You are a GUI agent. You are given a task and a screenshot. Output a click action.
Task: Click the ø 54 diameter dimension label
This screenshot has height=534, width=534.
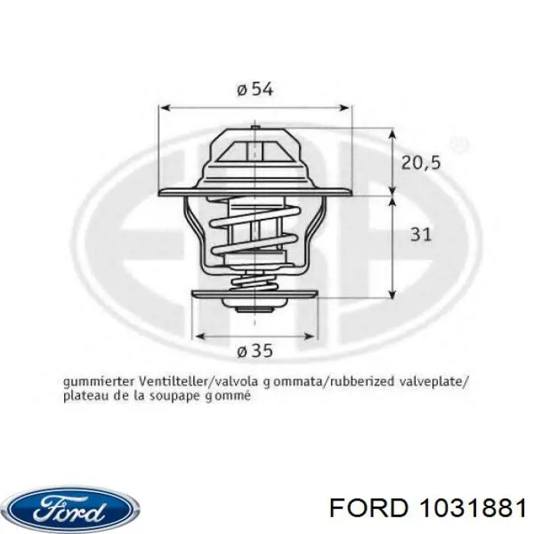(255, 89)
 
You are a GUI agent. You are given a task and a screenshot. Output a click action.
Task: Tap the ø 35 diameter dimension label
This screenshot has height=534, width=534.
(255, 352)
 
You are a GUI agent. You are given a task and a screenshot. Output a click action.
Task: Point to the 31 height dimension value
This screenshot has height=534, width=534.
(420, 234)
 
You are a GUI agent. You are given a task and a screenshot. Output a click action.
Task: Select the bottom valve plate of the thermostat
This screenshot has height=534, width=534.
(254, 295)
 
